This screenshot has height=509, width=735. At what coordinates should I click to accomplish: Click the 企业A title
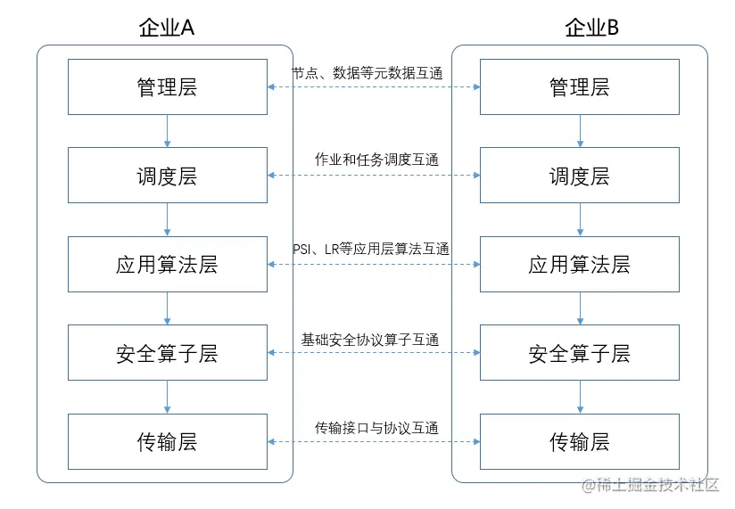(167, 28)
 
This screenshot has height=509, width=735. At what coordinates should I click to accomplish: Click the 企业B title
(592, 28)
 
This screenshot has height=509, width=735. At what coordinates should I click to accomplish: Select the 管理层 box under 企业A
(168, 86)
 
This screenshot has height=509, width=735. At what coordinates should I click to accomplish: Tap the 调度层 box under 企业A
(168, 176)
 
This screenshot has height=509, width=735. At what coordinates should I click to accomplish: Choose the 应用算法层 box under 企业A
(168, 265)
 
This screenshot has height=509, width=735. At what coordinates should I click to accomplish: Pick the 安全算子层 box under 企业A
(168, 354)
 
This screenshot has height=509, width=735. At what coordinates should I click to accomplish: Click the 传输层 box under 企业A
(168, 442)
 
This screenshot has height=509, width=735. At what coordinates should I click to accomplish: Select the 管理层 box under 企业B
(580, 86)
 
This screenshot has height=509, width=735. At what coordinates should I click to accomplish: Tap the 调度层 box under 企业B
(580, 176)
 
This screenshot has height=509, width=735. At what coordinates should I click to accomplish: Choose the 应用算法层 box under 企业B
(580, 265)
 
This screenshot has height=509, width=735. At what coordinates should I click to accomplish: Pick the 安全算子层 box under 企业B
(580, 354)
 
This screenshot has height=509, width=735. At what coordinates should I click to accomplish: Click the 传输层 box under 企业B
(580, 442)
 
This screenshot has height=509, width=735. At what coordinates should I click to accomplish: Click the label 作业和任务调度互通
(376, 160)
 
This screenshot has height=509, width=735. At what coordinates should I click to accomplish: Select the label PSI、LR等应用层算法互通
(371, 249)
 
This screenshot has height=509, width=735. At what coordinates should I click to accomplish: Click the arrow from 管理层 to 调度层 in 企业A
(168, 131)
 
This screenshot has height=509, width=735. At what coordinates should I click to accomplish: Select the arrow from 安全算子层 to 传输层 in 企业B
(580, 398)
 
